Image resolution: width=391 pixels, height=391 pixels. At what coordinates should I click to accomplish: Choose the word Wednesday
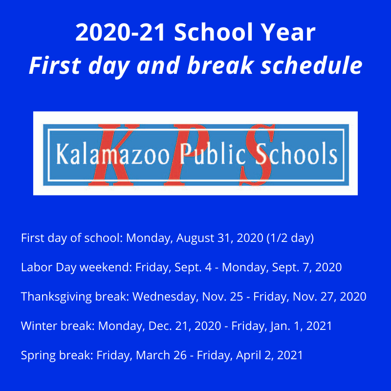tap(160, 297)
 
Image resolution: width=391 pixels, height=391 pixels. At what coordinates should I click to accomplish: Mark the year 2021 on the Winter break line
tap(320, 326)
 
